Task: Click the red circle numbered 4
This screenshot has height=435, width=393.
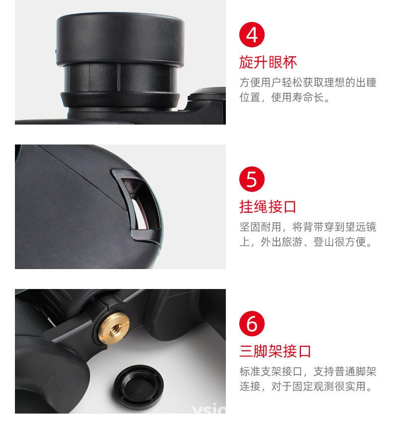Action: [x=252, y=35]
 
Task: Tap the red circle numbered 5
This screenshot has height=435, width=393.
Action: [x=252, y=179]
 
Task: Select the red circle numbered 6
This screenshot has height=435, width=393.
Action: [x=252, y=323]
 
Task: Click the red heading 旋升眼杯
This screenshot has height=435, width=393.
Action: [x=268, y=63]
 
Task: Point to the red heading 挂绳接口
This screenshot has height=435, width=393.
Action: [x=268, y=207]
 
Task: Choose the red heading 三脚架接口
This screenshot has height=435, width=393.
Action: [x=275, y=351]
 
